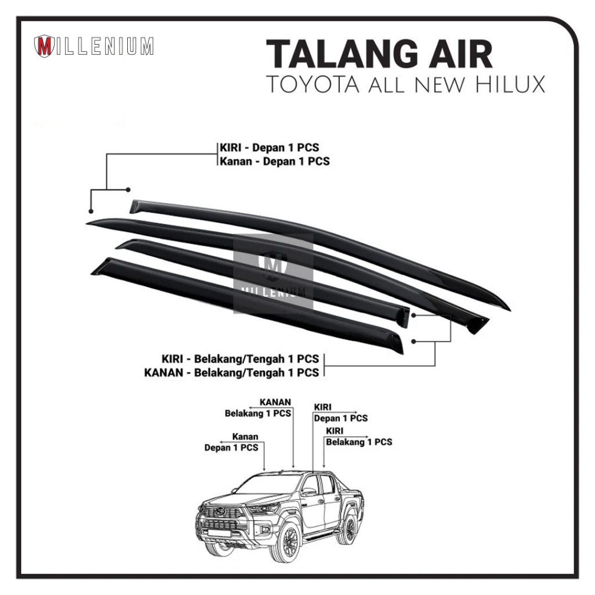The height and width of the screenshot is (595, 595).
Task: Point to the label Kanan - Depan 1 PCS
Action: click(x=273, y=161)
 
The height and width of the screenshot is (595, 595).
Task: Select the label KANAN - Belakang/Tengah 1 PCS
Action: click(x=231, y=372)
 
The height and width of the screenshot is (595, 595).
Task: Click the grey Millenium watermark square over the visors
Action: click(x=273, y=273)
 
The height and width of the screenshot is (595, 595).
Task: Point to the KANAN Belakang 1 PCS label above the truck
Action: click(x=258, y=408)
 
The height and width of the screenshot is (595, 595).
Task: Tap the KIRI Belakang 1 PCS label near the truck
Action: click(x=359, y=436)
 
